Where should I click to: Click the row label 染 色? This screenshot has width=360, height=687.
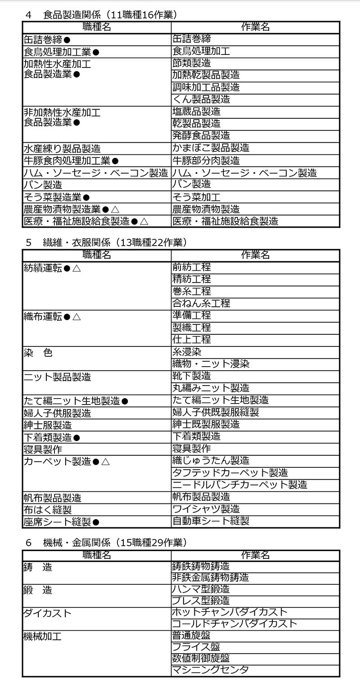click(38, 353)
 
